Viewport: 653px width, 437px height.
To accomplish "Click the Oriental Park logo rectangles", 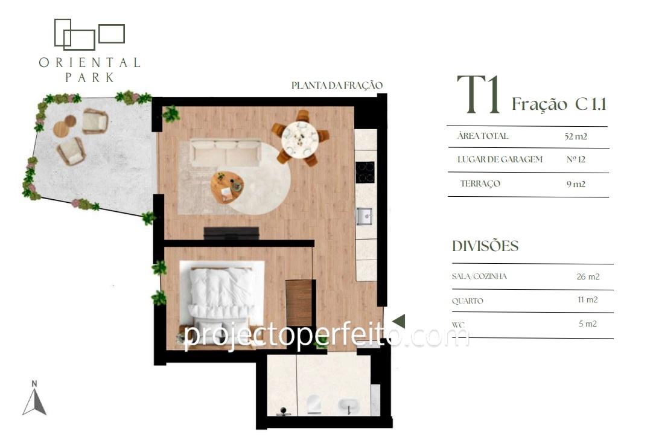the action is pyautogui.click(x=89, y=34).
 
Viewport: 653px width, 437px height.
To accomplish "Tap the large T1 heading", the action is pyautogui.click(x=479, y=95).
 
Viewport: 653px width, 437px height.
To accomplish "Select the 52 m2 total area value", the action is pyautogui.click(x=576, y=136).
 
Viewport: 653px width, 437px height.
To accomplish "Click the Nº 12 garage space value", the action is pyautogui.click(x=576, y=159).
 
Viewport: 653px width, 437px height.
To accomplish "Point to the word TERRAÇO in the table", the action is pyautogui.click(x=480, y=183).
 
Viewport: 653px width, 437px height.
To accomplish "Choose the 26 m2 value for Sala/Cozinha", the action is pyautogui.click(x=588, y=276).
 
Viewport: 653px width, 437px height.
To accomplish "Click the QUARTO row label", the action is pyautogui.click(x=468, y=301).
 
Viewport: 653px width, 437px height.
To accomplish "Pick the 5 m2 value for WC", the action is pyautogui.click(x=588, y=324).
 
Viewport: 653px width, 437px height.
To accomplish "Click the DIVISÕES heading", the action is pyautogui.click(x=485, y=246).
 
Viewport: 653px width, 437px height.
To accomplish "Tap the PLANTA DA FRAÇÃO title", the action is pyautogui.click(x=337, y=85).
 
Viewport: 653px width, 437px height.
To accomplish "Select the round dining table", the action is pyautogui.click(x=300, y=138).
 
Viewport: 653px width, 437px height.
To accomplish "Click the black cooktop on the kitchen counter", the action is pyautogui.click(x=365, y=172).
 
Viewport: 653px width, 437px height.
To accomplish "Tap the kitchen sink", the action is pyautogui.click(x=364, y=216).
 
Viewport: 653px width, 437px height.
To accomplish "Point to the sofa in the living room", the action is pyautogui.click(x=226, y=153).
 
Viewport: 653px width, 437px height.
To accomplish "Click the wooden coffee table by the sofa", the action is pyautogui.click(x=227, y=187).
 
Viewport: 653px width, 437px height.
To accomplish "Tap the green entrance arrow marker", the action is pyautogui.click(x=399, y=321).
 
